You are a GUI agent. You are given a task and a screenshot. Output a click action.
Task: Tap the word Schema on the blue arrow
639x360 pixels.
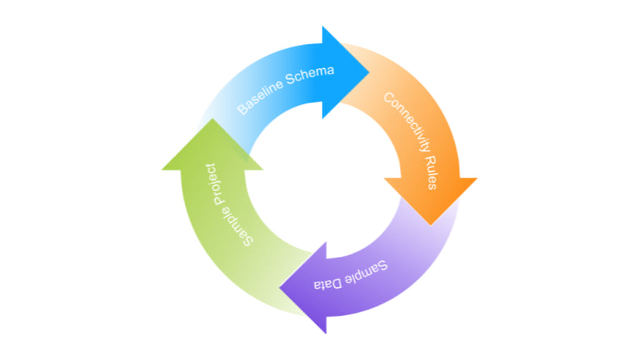[309, 77]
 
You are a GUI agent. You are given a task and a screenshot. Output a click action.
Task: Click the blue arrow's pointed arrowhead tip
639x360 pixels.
[370, 72]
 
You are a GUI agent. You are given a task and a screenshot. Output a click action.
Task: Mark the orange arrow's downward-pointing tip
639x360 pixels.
[431, 225]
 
